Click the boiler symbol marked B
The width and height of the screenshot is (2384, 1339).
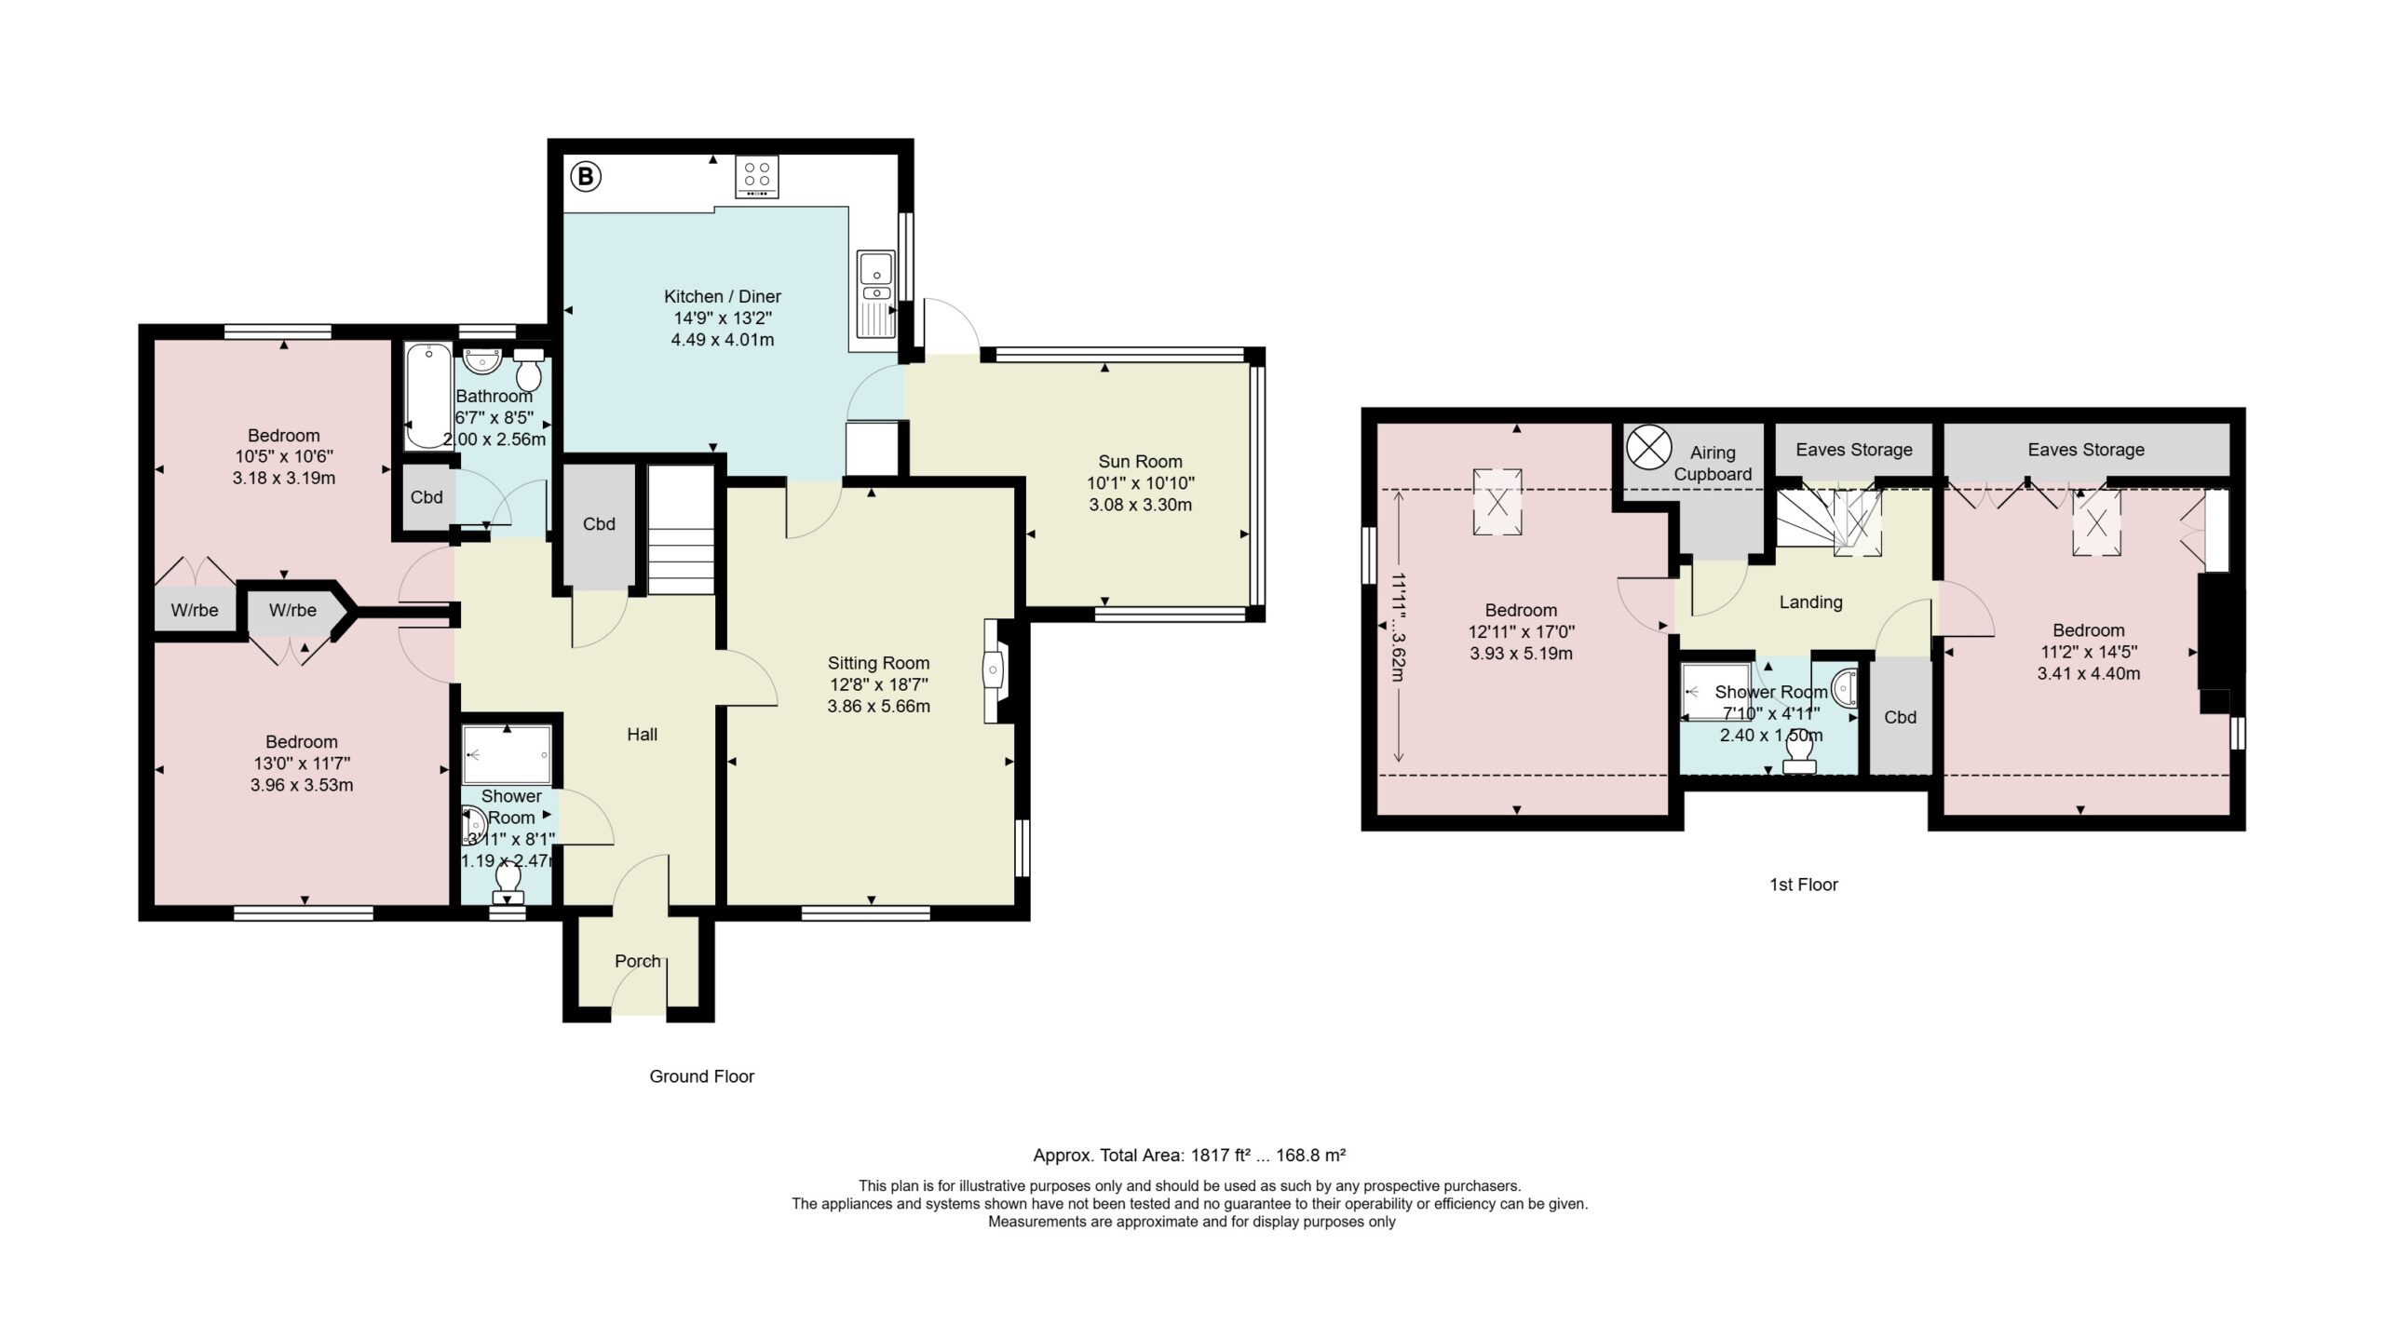click(586, 175)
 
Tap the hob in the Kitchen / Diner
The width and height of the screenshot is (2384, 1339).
click(757, 176)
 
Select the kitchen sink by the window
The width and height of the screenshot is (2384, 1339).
click(875, 294)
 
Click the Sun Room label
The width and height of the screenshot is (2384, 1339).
click(1140, 461)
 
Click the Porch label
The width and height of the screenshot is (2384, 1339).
click(638, 961)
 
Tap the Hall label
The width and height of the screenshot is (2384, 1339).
click(642, 735)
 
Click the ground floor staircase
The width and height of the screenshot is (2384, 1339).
click(680, 531)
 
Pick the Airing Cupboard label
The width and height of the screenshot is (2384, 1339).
click(1713, 463)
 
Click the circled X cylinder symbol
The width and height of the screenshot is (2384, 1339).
click(1649, 448)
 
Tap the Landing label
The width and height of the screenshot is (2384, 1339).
click(1810, 602)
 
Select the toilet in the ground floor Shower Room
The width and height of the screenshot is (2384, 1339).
click(508, 883)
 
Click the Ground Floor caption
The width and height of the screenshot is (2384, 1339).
click(701, 1076)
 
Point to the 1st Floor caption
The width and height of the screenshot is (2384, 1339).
click(1804, 885)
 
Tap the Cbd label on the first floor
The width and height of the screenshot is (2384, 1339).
click(1900, 717)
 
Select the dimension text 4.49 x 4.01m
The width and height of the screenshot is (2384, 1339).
click(723, 340)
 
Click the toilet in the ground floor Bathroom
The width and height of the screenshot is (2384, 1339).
click(529, 369)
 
